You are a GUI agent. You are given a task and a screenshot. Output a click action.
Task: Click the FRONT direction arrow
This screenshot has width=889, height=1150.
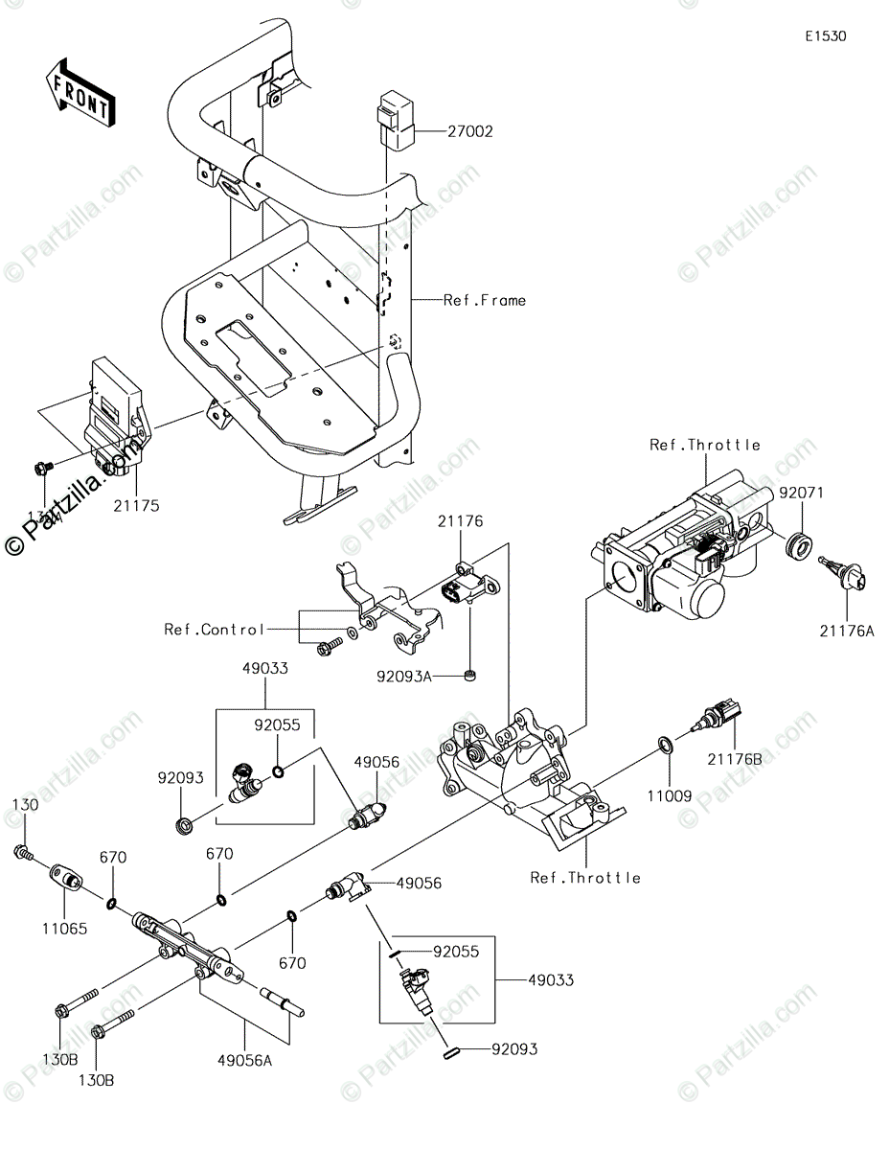[80, 92]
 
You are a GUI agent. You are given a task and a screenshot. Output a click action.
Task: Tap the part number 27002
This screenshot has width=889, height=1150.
[468, 131]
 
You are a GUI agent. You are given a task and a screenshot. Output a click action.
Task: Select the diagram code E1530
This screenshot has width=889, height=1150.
[825, 36]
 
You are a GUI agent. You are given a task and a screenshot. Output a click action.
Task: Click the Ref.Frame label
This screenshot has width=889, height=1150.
[484, 300]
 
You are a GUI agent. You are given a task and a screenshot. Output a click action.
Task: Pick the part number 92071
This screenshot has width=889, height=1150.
[801, 493]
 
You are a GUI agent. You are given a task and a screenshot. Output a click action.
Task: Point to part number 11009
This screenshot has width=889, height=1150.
[667, 793]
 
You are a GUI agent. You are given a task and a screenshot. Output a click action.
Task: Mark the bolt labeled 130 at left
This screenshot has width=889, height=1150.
[22, 852]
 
